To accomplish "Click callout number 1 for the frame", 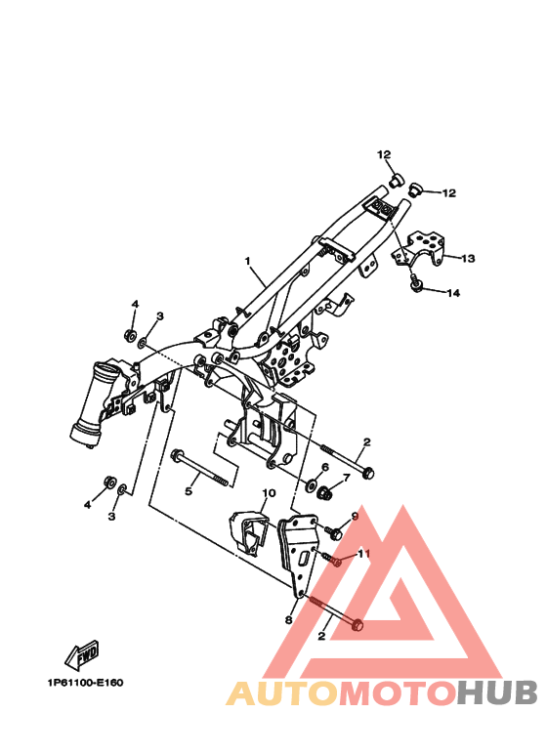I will [x=248, y=262].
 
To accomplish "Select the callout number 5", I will [x=189, y=491].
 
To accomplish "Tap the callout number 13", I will [x=468, y=259].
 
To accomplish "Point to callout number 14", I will [x=453, y=293].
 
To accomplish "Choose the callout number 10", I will [x=269, y=493].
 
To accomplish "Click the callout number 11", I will [x=364, y=554].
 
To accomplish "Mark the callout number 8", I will [x=288, y=619].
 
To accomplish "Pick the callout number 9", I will [x=355, y=516].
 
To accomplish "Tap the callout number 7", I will [x=345, y=479].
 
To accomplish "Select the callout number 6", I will [x=324, y=468].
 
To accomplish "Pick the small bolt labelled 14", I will [x=417, y=285].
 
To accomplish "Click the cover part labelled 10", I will [x=250, y=533].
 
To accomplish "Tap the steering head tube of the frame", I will [x=99, y=402].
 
